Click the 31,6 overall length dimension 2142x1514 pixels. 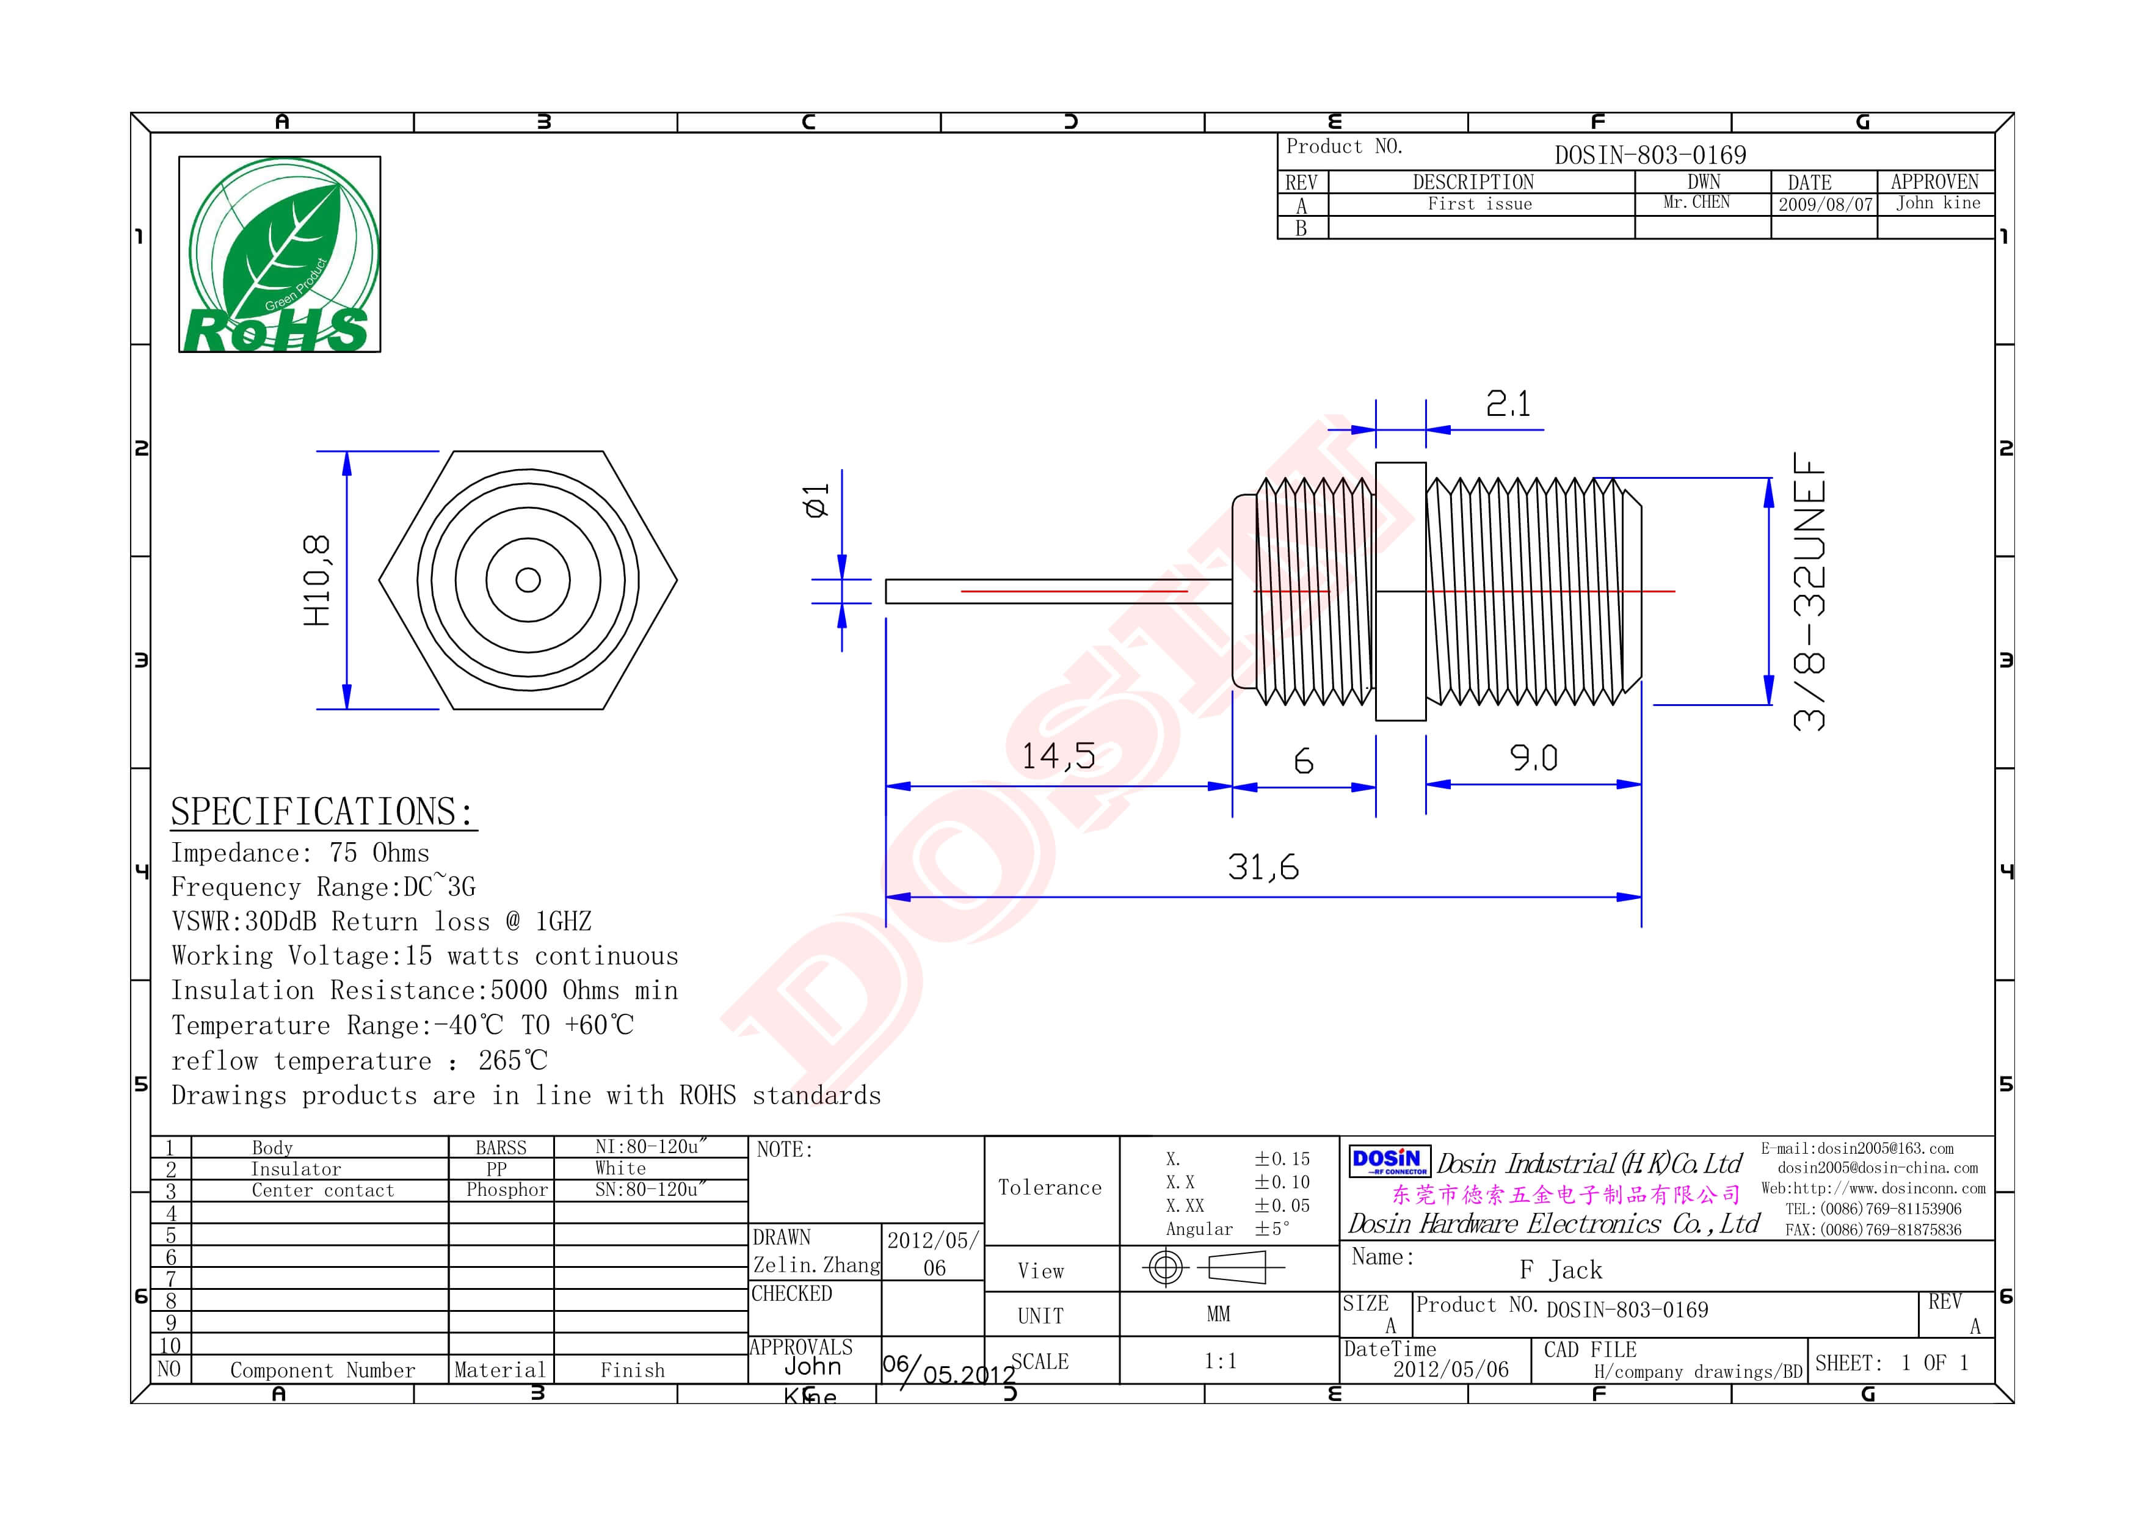pos(1263,867)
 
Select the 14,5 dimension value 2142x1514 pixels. pos(1058,755)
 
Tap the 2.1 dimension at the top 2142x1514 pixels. pos(1508,404)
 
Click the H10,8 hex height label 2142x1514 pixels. pos(317,580)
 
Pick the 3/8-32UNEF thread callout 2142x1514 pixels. pos(1809,591)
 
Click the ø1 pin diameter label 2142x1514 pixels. pos(815,500)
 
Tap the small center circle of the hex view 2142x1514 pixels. pos(528,580)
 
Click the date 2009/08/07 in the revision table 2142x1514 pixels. pos(1825,205)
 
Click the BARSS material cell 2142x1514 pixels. pos(501,1148)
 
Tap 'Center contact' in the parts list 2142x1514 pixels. pos(323,1190)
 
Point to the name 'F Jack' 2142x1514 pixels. pos(1561,1270)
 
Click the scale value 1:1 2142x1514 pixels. pos(1220,1361)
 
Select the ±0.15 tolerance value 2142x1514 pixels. pos(1282,1159)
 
